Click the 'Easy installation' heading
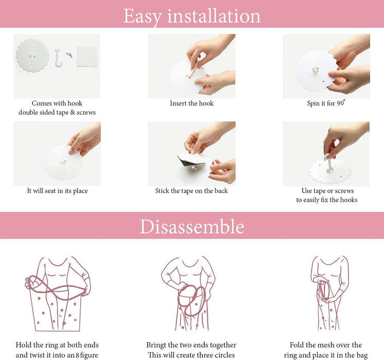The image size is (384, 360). pyautogui.click(x=192, y=16)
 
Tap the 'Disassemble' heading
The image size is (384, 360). pyautogui.click(x=192, y=226)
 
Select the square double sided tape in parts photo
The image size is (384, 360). pyautogui.click(x=88, y=57)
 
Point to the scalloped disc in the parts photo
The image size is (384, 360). pyautogui.click(x=32, y=56)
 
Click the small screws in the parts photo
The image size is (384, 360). pyautogui.click(x=69, y=55)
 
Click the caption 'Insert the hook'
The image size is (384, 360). pyautogui.click(x=192, y=103)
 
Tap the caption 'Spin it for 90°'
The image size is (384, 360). pyautogui.click(x=326, y=103)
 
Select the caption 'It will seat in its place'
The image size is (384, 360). pyautogui.click(x=57, y=191)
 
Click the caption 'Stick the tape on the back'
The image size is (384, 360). pyautogui.click(x=191, y=191)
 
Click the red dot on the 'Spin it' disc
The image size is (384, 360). pyautogui.click(x=323, y=81)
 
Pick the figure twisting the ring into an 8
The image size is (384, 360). pyautogui.click(x=58, y=294)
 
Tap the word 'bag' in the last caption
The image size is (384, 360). pyautogui.click(x=361, y=355)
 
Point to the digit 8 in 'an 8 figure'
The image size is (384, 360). pyautogui.click(x=77, y=355)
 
